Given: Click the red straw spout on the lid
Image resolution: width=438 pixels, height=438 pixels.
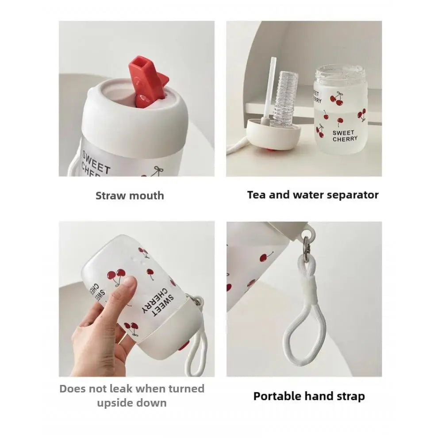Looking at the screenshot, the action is point(147,81).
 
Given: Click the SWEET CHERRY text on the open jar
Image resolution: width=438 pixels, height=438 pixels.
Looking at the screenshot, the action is point(345,136).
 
